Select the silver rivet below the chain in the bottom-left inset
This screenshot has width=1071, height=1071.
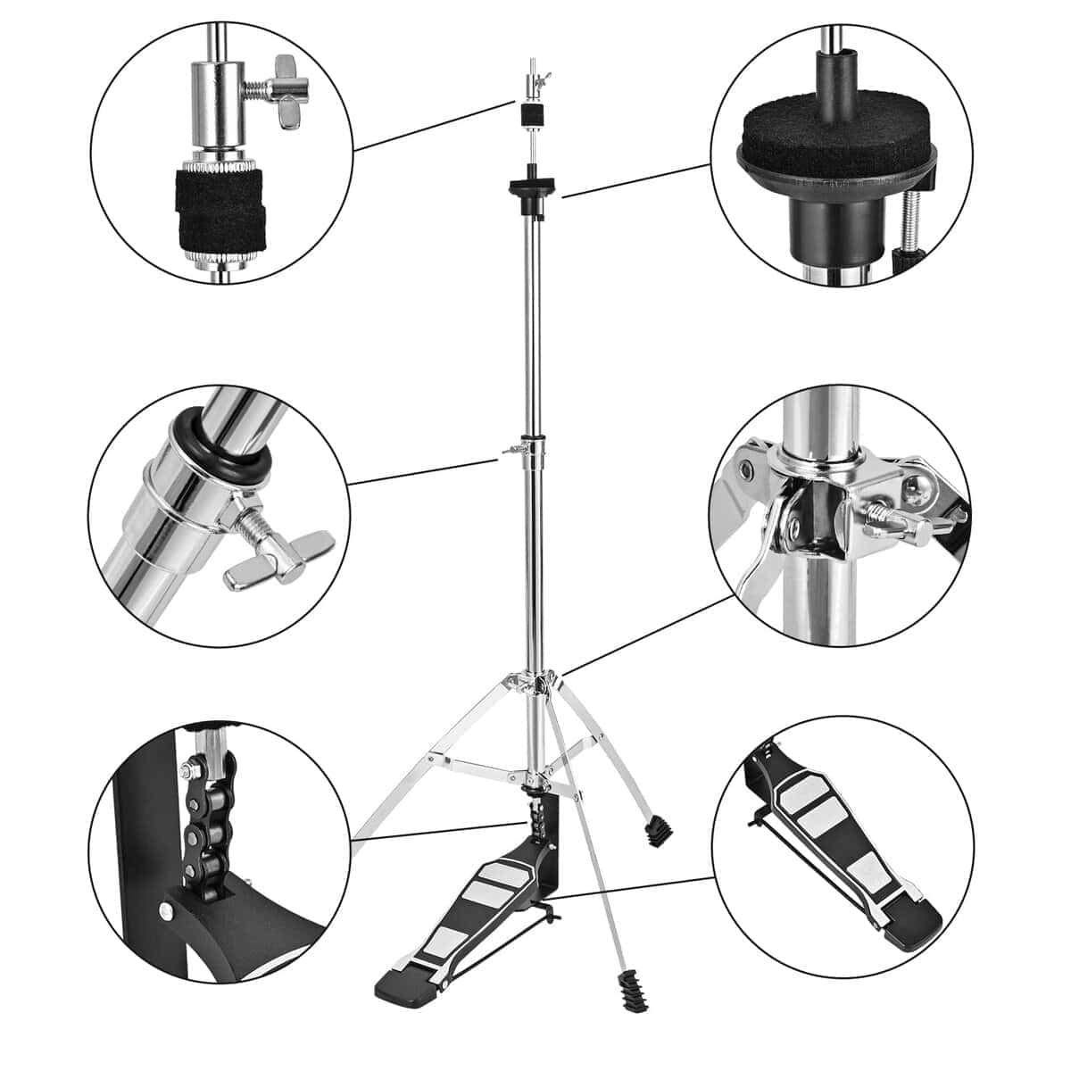pyautogui.click(x=167, y=909)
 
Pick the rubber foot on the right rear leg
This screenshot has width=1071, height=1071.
pyautogui.click(x=658, y=829)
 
